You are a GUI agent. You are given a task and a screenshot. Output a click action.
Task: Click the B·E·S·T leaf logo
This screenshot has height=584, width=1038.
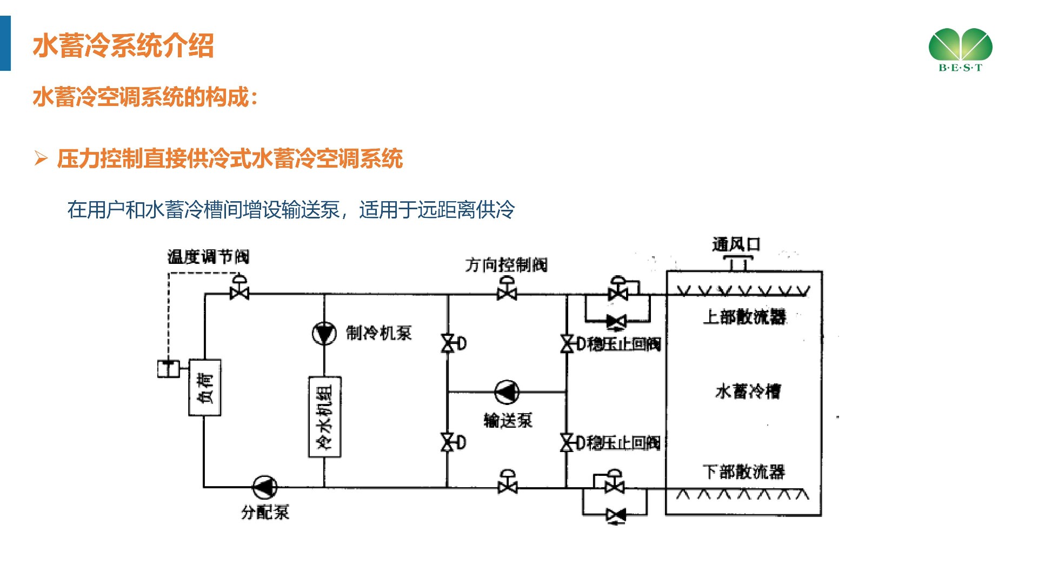pyautogui.click(x=960, y=49)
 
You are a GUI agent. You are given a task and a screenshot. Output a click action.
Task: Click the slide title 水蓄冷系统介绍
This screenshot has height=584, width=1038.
pyautogui.click(x=123, y=45)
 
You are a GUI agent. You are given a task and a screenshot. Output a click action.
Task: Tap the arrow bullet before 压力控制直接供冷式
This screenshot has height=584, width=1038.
pyautogui.click(x=41, y=158)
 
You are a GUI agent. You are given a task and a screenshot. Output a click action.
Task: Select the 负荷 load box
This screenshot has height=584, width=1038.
pyautogui.click(x=204, y=387)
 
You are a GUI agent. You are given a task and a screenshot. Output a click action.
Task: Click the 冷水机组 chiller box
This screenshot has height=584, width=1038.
pyautogui.click(x=324, y=417)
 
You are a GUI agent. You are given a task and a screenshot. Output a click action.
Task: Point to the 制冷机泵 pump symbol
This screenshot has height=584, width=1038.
pyautogui.click(x=324, y=333)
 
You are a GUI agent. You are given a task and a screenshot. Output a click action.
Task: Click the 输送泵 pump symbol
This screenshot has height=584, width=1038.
pyautogui.click(x=507, y=392)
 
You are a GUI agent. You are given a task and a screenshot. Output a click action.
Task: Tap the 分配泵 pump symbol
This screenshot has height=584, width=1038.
pyautogui.click(x=265, y=487)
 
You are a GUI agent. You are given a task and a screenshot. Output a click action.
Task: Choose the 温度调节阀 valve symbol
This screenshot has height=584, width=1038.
pyautogui.click(x=239, y=289)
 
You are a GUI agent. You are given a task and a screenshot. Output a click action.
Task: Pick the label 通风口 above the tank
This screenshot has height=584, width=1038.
pyautogui.click(x=736, y=244)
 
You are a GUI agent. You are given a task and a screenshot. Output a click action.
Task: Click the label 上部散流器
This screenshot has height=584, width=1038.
pyautogui.click(x=744, y=317)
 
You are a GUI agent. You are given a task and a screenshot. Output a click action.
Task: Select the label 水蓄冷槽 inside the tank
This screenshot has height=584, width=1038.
pyautogui.click(x=748, y=391)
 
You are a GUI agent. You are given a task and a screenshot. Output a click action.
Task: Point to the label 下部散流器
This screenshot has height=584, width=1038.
pyautogui.click(x=744, y=472)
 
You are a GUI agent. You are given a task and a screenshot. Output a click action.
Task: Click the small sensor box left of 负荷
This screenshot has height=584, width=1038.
pyautogui.click(x=169, y=369)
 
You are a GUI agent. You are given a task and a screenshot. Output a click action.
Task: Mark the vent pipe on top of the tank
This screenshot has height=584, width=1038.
pyautogui.click(x=738, y=263)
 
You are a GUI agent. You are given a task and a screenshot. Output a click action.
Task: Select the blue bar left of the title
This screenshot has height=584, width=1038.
pyautogui.click(x=5, y=43)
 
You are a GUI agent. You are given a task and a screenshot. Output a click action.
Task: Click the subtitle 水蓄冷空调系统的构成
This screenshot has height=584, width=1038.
pyautogui.click(x=145, y=97)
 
